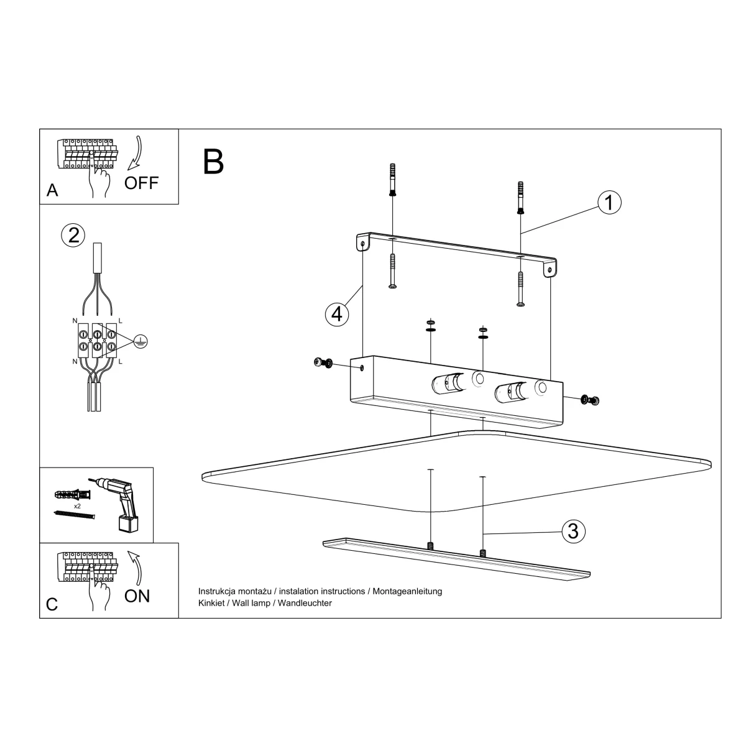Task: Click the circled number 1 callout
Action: pos(609,202)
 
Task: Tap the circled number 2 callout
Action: pos(73,236)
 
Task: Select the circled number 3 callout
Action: pos(573,531)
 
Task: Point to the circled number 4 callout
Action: pos(337,314)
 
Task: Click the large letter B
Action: pos(213,162)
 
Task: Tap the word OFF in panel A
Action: pos(141,183)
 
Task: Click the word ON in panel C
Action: pos(137,596)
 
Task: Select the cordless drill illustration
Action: pos(117,504)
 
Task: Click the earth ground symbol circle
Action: pos(140,341)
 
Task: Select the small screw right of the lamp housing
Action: pos(590,400)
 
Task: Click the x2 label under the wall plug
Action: pos(78,506)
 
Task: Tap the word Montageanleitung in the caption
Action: pos(407,591)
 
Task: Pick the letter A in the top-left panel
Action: pos(52,190)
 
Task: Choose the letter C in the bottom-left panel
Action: pos(52,604)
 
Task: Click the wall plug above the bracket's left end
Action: pos(392,180)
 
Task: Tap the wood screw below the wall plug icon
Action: pos(74,515)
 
